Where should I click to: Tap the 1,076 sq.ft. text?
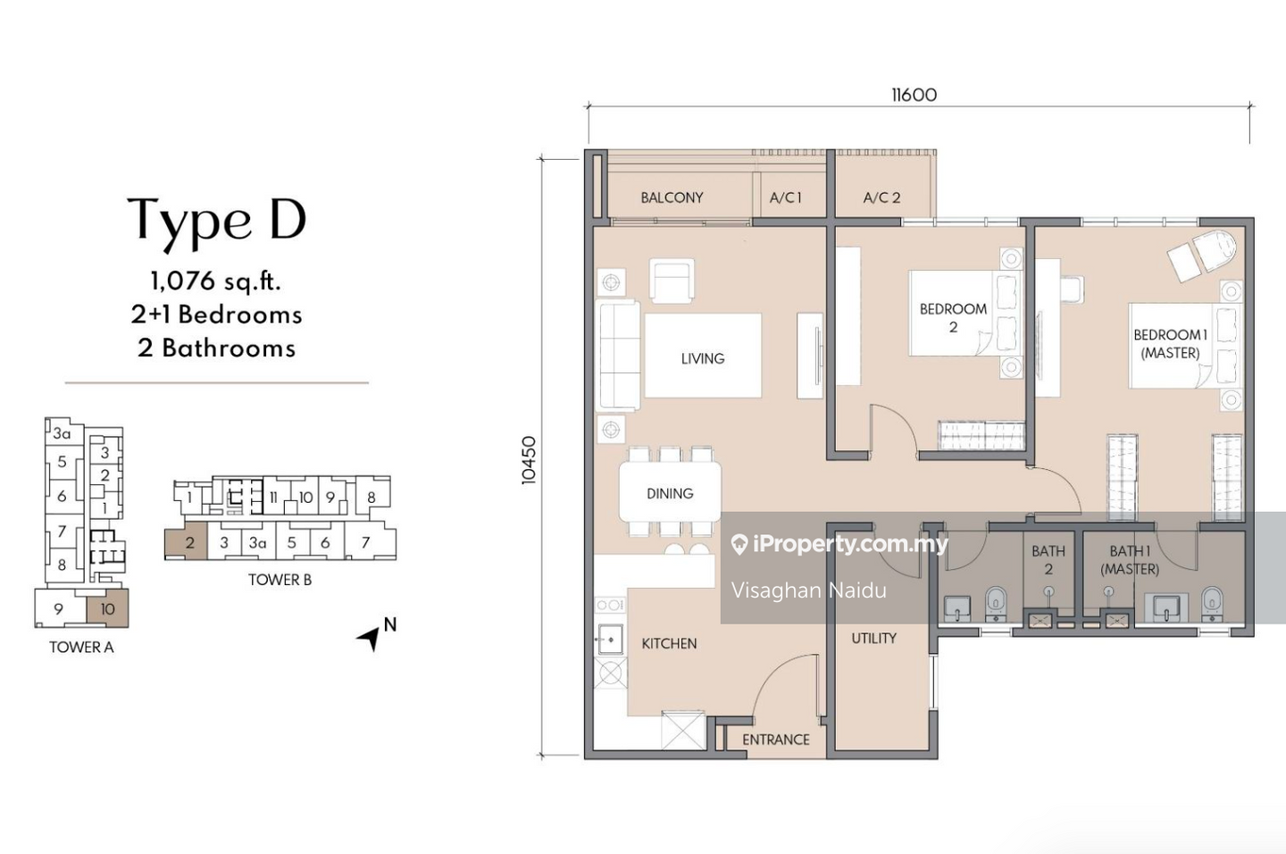click(216, 281)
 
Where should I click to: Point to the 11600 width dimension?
click(914, 95)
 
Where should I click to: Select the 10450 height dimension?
click(528, 460)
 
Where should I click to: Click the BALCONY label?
click(672, 197)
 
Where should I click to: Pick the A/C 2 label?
click(881, 197)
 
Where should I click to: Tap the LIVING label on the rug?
click(703, 358)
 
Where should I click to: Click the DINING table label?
click(670, 493)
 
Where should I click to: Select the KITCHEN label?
click(670, 643)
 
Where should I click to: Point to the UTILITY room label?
click(873, 638)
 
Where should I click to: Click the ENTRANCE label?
click(775, 739)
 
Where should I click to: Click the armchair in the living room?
click(672, 280)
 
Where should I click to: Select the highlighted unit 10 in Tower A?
click(107, 608)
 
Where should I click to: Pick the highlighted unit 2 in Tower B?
click(186, 543)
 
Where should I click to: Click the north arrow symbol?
click(371, 638)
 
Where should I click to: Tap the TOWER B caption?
click(280, 580)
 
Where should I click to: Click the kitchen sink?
click(610, 639)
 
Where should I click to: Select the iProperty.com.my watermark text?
click(850, 544)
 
